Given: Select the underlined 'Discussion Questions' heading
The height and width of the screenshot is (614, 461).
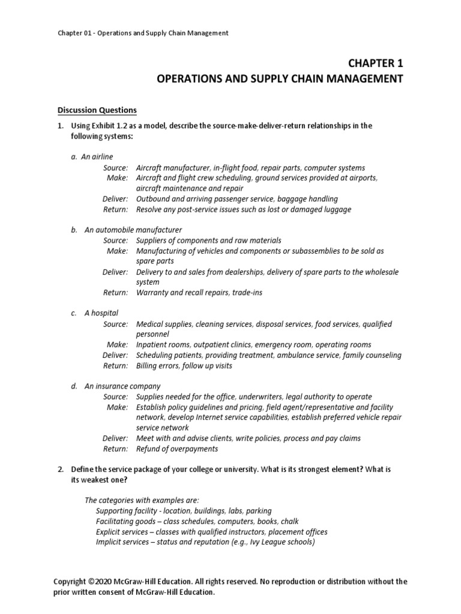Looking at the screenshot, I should pos(97,110).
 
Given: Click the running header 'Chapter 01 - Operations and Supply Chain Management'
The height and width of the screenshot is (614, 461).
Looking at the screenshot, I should pos(143,33).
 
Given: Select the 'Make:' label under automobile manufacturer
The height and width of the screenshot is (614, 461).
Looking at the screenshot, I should pos(117,251).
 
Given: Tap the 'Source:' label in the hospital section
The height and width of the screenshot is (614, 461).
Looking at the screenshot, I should pos(115,324).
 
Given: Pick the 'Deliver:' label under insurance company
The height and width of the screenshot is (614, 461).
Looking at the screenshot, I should pos(115,438).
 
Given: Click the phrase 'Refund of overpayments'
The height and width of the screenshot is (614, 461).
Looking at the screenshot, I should pos(177,449).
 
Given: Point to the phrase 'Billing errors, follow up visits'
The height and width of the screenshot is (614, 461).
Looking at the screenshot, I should pos(184,366).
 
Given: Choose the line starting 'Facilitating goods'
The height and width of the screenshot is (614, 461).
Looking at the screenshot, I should pos(197,522).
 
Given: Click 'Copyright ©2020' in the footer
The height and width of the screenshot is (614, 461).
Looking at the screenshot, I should pos(84,582).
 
